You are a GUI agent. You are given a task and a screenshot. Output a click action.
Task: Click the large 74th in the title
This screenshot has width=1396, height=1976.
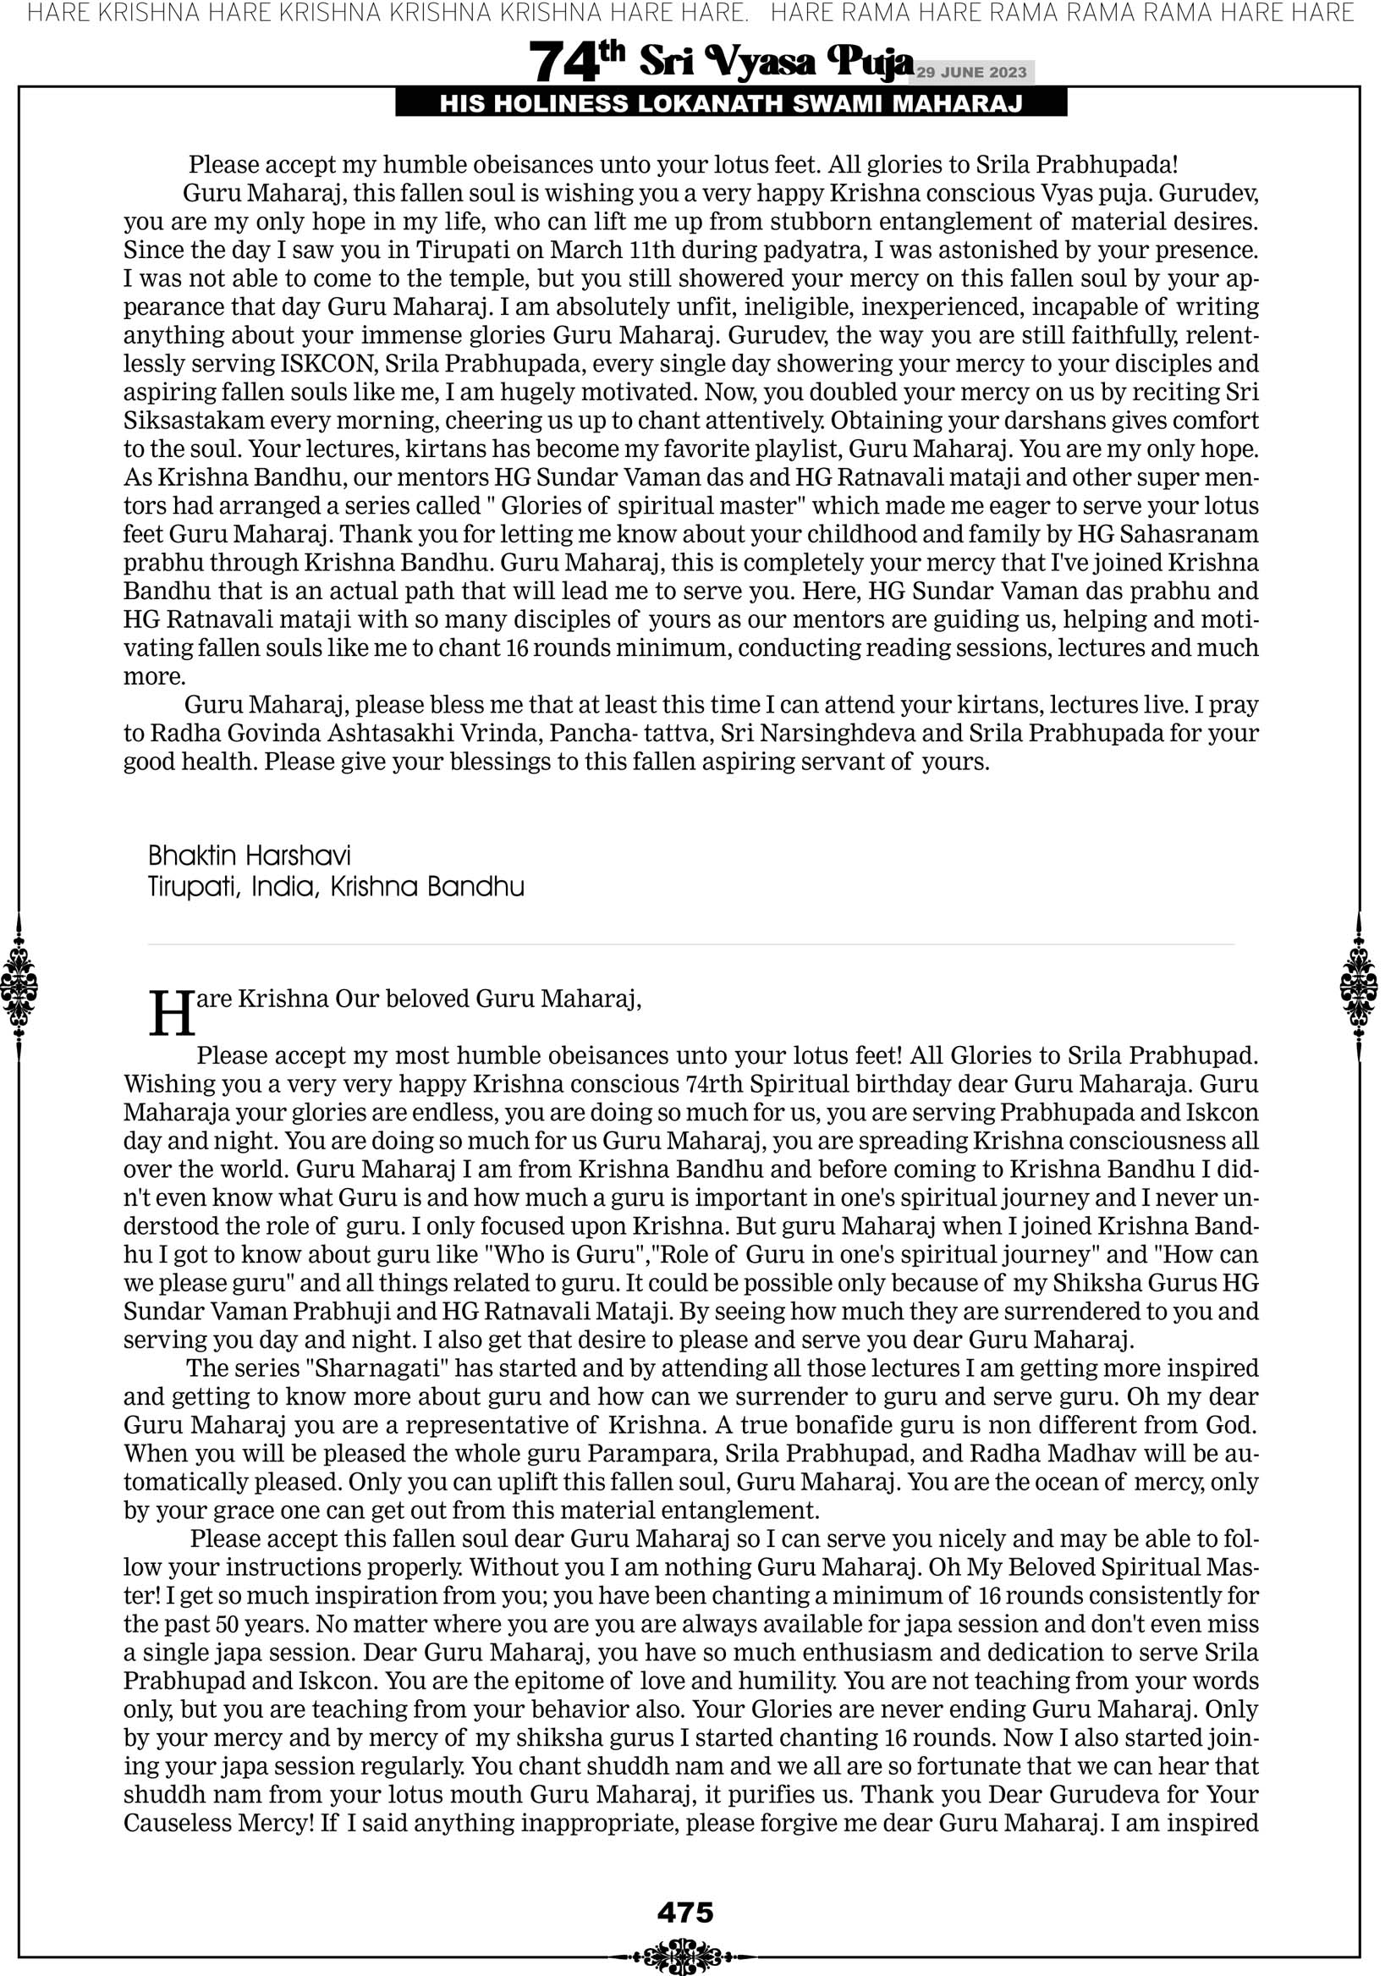pos(576,61)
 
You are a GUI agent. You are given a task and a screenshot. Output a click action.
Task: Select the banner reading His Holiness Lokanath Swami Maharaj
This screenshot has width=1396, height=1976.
pos(731,104)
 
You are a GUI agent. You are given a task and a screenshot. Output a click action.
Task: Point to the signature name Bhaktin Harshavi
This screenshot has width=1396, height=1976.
pos(250,856)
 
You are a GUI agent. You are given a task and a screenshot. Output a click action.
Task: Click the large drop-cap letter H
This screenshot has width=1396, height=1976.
pos(172,1016)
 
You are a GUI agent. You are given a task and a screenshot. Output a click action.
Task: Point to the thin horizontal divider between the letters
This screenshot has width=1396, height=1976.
pos(690,945)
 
